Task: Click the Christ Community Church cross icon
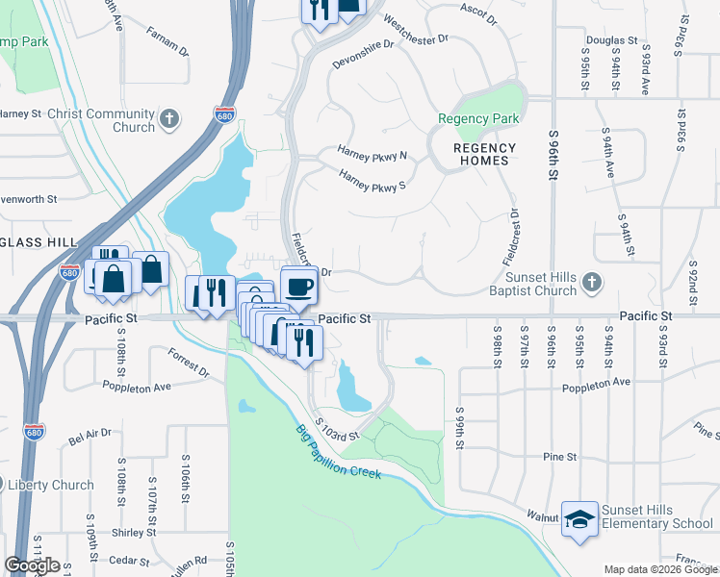pyautogui.click(x=169, y=118)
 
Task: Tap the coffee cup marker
pyautogui.click(x=298, y=286)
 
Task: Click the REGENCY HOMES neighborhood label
pyautogui.click(x=485, y=154)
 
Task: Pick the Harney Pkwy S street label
pyautogui.click(x=372, y=180)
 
